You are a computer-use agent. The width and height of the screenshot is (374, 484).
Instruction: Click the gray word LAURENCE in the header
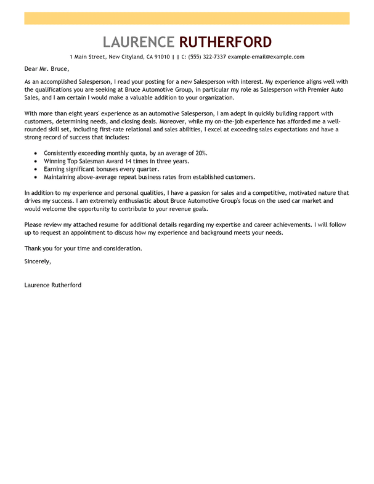(139, 42)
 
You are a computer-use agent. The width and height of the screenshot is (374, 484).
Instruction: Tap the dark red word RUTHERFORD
(225, 42)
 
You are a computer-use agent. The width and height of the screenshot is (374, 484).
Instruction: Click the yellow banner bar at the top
(187, 18)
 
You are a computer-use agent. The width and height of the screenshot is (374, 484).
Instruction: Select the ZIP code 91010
(162, 57)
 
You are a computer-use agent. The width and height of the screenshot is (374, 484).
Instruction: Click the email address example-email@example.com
(266, 57)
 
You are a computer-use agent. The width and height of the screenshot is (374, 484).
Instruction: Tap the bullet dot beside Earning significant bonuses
(36, 169)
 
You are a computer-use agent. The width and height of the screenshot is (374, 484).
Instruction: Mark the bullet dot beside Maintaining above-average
(36, 178)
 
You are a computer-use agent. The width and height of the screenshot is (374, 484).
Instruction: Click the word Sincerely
(38, 261)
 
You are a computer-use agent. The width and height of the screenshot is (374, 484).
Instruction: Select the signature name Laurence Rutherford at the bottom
(53, 285)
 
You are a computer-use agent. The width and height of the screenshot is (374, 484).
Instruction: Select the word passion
(204, 193)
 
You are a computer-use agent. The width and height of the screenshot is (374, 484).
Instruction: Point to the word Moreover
(184, 121)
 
